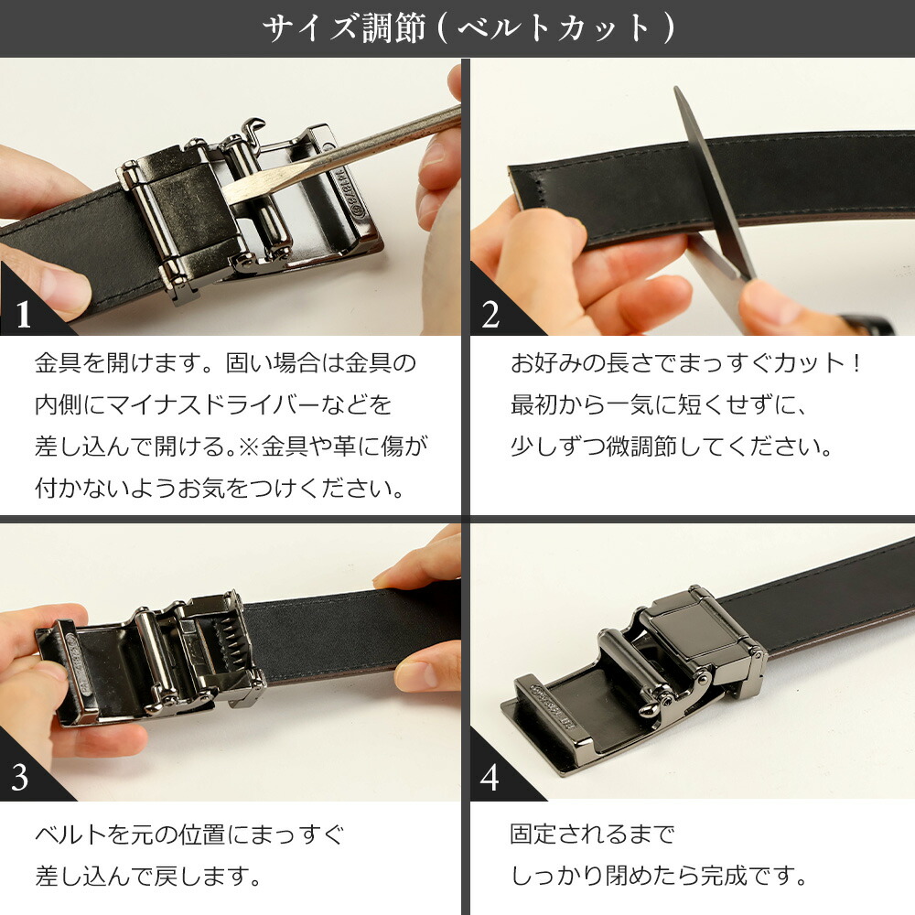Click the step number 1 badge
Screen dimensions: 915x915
[x=24, y=314]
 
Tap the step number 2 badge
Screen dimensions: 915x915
[x=491, y=314]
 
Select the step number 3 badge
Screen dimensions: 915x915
[x=21, y=778]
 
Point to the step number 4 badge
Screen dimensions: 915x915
[x=490, y=778]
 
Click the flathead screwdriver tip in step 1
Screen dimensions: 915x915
[x=240, y=190]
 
